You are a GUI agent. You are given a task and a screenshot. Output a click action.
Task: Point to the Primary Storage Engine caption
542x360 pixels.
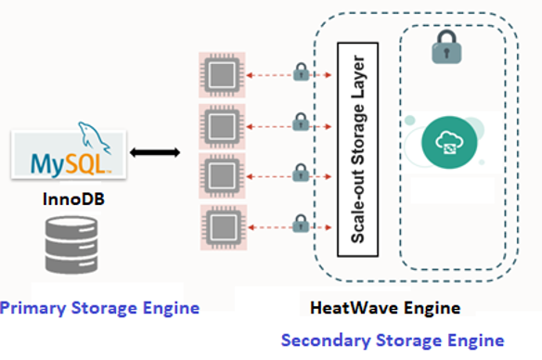tap(99, 306)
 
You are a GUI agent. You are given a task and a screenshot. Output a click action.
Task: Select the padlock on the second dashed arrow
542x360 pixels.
tap(300, 122)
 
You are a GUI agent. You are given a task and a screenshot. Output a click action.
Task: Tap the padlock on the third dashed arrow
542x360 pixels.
tap(300, 173)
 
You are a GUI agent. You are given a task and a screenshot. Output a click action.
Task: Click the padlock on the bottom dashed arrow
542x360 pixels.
tap(300, 224)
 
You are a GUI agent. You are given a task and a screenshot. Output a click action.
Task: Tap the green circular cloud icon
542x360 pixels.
tap(449, 143)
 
